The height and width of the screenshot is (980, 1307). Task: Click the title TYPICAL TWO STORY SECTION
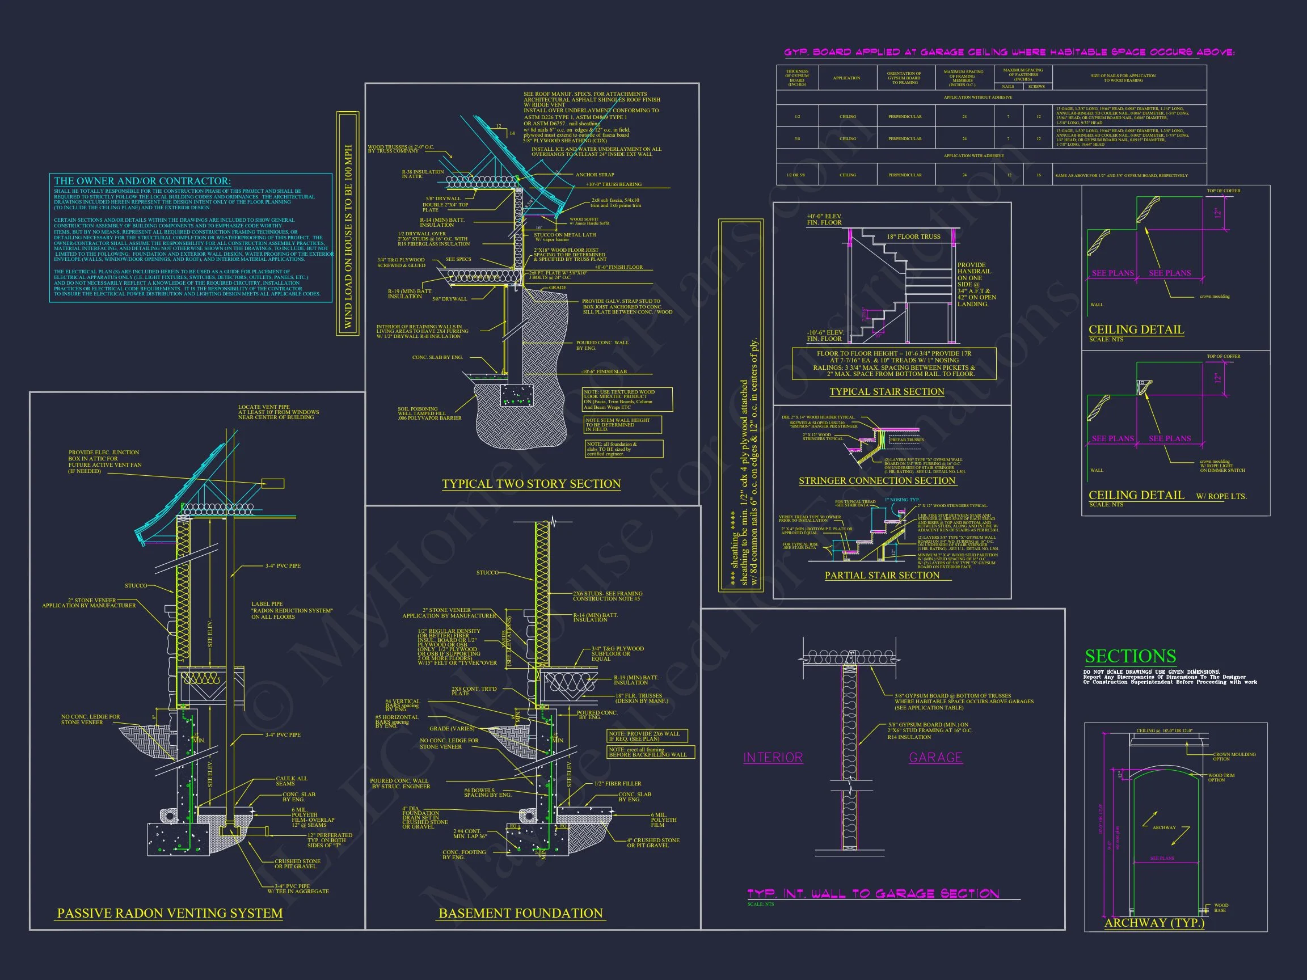pos(531,484)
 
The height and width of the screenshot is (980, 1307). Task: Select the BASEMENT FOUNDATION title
pos(521,913)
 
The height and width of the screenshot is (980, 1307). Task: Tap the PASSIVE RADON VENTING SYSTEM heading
pos(170,913)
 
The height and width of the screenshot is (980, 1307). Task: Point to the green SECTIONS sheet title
pos(1131,656)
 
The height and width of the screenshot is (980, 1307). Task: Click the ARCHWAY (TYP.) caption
pos(1154,923)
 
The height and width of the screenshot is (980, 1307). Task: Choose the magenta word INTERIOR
pos(773,758)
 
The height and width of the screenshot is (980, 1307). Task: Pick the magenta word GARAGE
pos(935,758)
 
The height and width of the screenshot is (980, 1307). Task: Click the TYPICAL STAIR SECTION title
pos(886,392)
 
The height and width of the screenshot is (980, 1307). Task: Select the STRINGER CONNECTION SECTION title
pos(877,481)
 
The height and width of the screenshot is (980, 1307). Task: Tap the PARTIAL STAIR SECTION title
pos(882,576)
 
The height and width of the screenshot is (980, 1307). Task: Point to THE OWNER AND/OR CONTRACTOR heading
pos(142,181)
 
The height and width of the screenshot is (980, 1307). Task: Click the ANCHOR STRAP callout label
pos(595,175)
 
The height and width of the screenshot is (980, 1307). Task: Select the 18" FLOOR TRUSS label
pos(913,237)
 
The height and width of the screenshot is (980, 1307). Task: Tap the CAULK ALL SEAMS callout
pos(292,781)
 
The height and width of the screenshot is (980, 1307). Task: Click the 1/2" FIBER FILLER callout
pos(617,784)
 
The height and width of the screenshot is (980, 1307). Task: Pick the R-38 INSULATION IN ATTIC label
pos(423,174)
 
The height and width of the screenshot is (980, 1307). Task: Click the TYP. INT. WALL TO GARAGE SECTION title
pos(872,894)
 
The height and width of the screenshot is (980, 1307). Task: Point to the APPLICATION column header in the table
pos(846,78)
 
